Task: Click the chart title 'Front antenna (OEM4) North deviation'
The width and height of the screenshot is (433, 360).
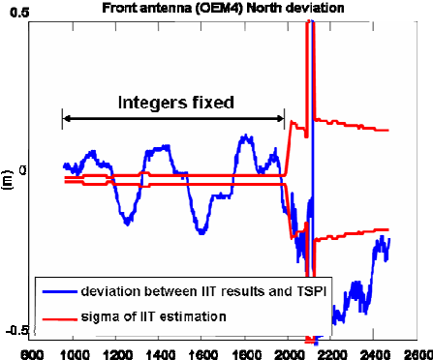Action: [x=218, y=9]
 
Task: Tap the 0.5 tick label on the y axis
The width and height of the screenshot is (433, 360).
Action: [x=16, y=9]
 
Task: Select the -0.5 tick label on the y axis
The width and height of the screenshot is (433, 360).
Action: [x=14, y=332]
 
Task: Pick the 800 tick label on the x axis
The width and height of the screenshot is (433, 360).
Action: [x=32, y=352]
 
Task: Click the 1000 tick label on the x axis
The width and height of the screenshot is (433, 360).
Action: [x=74, y=352]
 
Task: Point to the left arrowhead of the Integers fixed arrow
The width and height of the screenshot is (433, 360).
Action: [x=65, y=119]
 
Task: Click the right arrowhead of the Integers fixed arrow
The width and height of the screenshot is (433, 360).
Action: [x=282, y=119]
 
